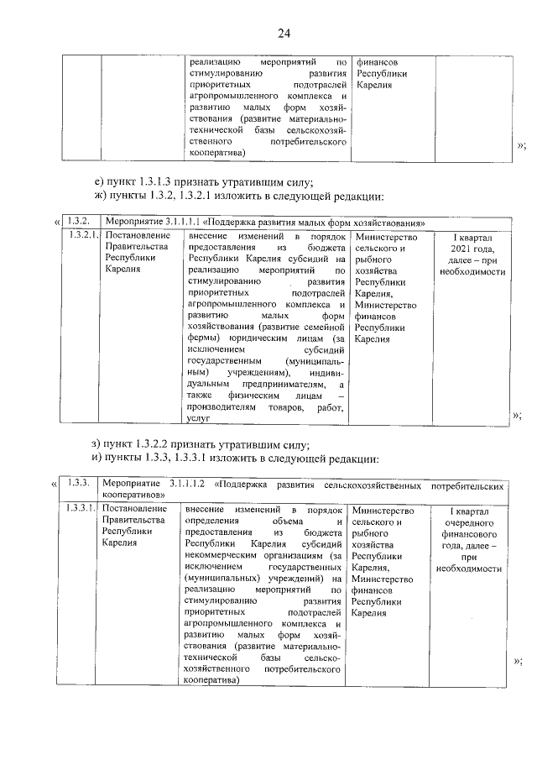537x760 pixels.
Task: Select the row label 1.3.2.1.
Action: [84, 235]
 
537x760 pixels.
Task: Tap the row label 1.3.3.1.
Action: [84, 511]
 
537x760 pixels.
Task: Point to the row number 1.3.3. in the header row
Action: [79, 485]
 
